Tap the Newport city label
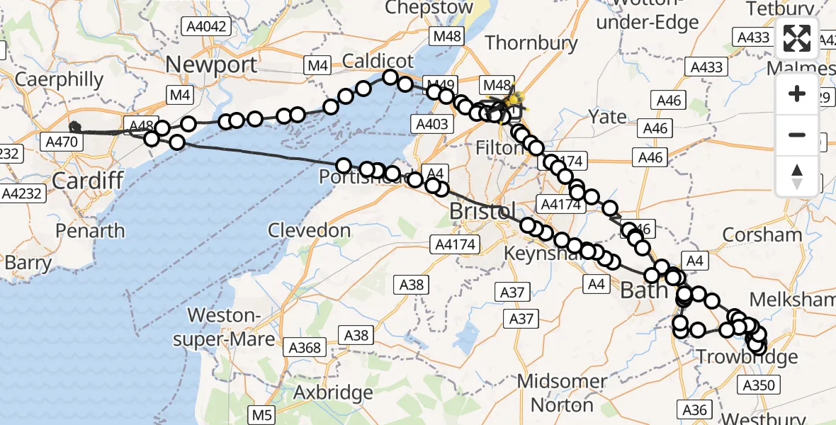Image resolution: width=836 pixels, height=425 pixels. [211, 65]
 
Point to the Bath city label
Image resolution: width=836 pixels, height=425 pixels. [643, 290]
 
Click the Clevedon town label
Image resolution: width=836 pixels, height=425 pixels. [310, 230]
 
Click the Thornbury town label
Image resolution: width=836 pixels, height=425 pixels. [531, 42]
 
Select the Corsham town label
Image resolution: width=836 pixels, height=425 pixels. [762, 234]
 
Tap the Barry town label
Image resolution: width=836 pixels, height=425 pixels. [28, 263]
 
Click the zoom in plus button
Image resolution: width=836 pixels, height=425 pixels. [797, 93]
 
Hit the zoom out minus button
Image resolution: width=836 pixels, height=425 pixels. [797, 135]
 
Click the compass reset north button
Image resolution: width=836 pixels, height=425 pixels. [797, 175]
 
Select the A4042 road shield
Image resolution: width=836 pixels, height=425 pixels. [205, 27]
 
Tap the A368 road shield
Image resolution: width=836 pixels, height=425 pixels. [305, 348]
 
